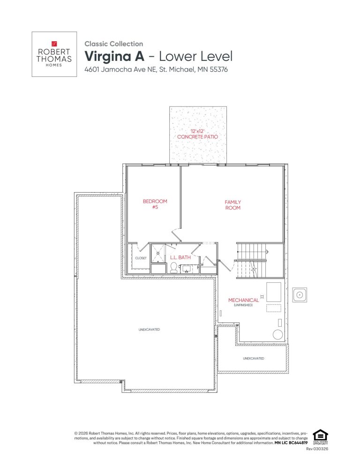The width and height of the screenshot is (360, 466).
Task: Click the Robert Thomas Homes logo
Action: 54,54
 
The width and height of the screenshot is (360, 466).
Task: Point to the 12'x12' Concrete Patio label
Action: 198,134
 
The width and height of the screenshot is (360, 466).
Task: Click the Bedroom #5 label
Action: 155,204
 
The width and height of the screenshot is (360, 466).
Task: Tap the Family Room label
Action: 233,205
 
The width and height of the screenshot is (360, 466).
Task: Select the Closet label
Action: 141,258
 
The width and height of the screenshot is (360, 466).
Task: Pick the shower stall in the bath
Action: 158,253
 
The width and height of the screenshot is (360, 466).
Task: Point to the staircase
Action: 251,260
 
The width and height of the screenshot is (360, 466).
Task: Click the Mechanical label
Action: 243,300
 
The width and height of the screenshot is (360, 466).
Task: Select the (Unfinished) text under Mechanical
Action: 243,305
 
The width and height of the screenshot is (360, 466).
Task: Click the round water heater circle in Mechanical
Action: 278,335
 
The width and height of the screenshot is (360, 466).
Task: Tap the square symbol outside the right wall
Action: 299,295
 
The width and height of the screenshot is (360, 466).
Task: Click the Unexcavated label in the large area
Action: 150,330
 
